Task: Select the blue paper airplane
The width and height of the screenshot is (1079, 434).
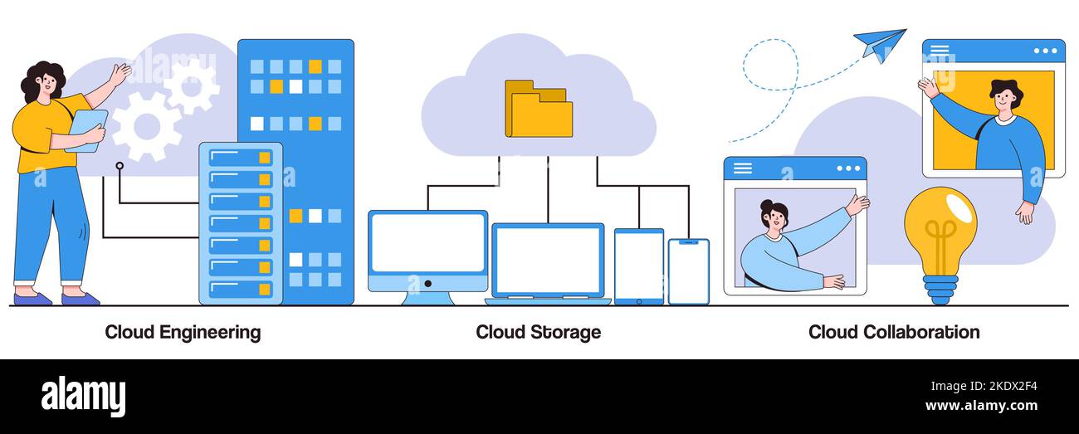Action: [x=879, y=43]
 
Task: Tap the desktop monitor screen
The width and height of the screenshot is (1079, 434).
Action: [x=427, y=243]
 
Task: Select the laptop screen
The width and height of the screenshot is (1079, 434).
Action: [x=548, y=260]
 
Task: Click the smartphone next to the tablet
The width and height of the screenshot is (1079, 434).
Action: [x=688, y=271]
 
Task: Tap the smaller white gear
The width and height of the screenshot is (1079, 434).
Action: [x=192, y=86]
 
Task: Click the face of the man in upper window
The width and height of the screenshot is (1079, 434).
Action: [x=1005, y=99]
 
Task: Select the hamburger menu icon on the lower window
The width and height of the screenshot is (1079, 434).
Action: [x=742, y=168]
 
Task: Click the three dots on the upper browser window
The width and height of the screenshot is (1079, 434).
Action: [x=1045, y=51]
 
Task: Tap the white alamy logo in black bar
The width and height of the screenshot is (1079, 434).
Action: [x=83, y=396]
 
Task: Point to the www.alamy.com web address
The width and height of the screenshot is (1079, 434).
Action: [x=980, y=406]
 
